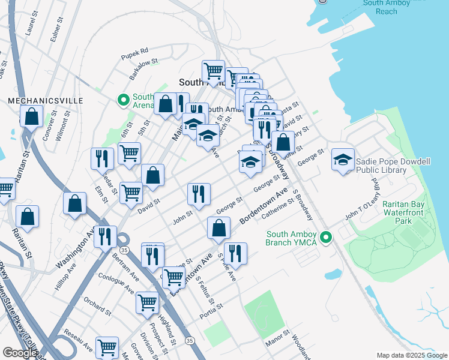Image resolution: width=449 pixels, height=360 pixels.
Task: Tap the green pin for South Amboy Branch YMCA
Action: [326, 238]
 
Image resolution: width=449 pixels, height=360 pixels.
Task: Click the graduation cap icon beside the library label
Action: [343, 160]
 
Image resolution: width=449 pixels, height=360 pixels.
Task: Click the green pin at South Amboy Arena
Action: [124, 100]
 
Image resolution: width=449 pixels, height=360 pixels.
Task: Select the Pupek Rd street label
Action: [134, 51]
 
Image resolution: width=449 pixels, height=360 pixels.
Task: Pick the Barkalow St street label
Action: [143, 69]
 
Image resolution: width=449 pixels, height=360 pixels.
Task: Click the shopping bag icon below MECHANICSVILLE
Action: [32, 117]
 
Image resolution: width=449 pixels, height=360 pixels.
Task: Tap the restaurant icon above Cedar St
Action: [101, 158]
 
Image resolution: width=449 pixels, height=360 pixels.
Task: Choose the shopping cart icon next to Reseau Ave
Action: [107, 347]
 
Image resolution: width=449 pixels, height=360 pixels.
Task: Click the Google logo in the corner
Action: [20, 353]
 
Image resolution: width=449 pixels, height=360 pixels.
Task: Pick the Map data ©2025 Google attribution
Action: [412, 355]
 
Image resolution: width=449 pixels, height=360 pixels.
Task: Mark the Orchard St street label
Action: [97, 305]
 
